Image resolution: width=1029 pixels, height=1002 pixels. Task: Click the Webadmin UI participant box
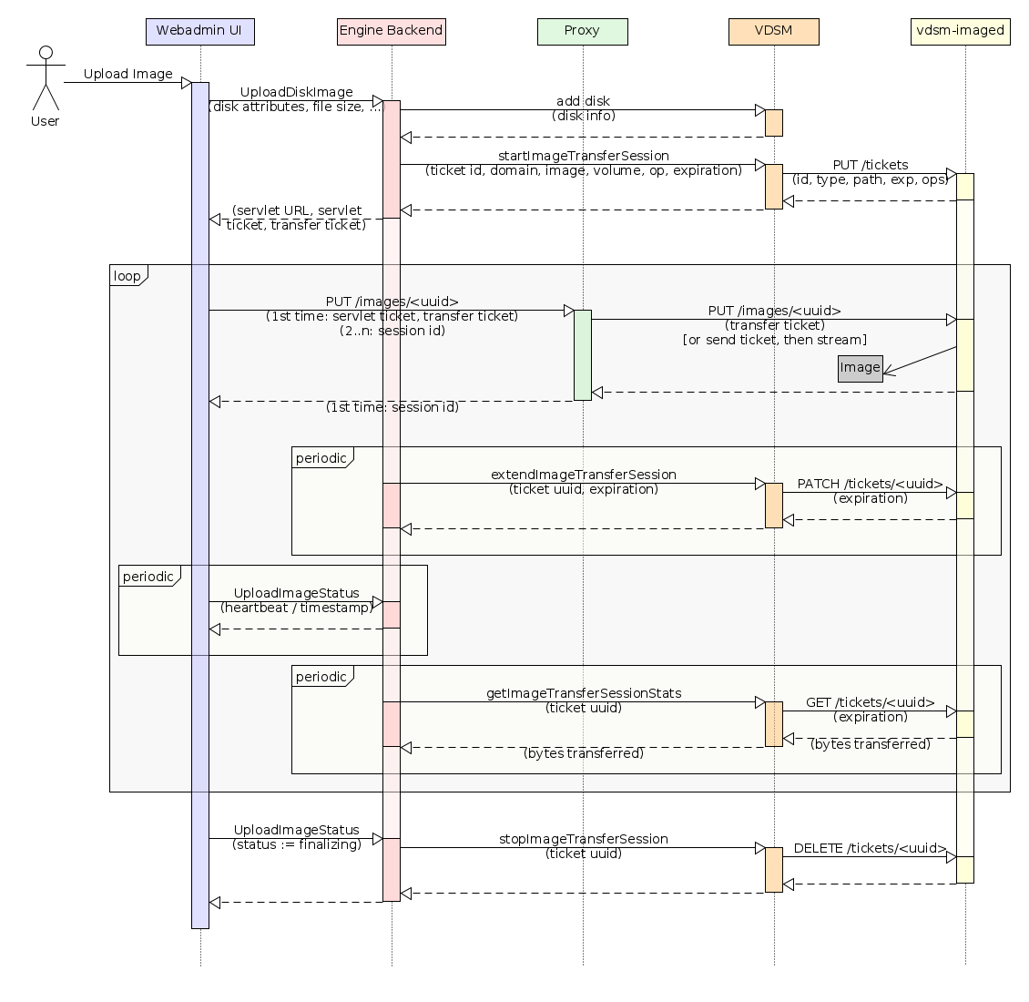tap(199, 31)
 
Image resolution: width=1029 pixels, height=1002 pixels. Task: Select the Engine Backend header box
tap(391, 31)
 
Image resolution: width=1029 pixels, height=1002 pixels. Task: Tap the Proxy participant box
tap(582, 31)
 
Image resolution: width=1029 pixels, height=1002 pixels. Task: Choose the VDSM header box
tap(773, 31)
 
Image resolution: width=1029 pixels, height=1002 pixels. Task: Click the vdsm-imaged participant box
tap(960, 31)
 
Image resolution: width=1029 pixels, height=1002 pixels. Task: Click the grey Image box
tap(860, 368)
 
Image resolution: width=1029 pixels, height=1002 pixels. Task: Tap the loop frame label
tap(127, 276)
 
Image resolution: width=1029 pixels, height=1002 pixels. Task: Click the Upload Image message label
tap(127, 74)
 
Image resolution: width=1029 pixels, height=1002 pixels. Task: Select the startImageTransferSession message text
tap(583, 156)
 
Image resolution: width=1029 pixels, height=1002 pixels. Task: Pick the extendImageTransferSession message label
tap(583, 475)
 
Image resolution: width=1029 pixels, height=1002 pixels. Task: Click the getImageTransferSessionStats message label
tap(583, 693)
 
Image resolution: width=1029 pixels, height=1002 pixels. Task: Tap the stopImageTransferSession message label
tap(583, 839)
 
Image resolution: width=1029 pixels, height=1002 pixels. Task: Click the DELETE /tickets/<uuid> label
tap(870, 848)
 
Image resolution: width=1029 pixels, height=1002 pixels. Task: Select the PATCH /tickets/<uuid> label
tap(870, 484)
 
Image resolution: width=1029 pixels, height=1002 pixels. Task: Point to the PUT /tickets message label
tap(870, 165)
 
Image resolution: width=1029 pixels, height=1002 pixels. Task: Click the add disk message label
tap(583, 101)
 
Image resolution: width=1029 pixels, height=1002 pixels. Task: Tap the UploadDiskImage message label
tap(296, 92)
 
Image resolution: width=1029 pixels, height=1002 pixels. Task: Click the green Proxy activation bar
tap(582, 354)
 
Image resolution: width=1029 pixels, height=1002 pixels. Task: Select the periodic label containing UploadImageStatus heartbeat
tap(148, 577)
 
